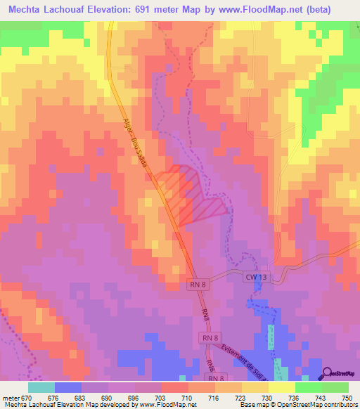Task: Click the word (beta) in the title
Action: click(333, 10)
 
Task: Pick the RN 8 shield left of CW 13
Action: click(198, 284)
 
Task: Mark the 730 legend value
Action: click(268, 397)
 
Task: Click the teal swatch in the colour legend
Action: click(41, 387)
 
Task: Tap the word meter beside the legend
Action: click(10, 397)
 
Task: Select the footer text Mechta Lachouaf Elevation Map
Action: click(53, 405)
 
